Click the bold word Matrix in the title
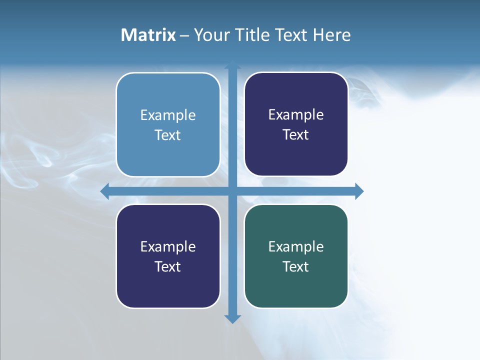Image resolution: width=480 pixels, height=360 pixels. pos(148,35)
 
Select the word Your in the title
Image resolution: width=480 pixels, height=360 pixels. pos(211,35)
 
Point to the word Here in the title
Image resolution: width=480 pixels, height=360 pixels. pos(332,35)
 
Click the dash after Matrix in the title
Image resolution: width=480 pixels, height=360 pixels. pos(184,36)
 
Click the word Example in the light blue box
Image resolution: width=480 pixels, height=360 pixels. pos(168,115)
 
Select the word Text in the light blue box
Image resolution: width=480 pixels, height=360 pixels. pos(168,135)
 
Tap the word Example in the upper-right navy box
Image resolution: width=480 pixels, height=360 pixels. pos(296,114)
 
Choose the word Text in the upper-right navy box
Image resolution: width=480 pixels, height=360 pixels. pos(296,135)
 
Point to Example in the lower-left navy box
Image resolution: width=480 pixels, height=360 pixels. pos(168,246)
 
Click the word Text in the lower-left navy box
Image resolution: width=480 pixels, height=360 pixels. pos(168,267)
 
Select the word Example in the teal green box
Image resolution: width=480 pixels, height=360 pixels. pos(296,246)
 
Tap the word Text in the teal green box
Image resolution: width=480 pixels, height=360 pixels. pos(296,267)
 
